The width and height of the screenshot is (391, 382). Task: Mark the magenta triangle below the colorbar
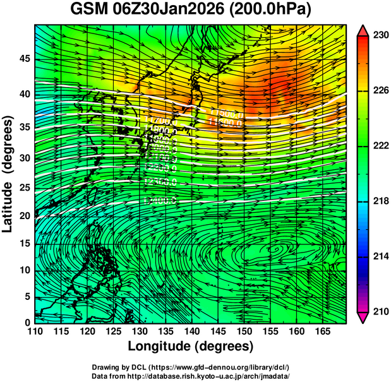(x=363, y=318)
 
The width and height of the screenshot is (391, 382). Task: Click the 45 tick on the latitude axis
(x=26, y=59)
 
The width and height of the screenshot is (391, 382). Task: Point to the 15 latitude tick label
(x=26, y=244)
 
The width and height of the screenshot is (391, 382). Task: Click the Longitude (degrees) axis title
(x=191, y=346)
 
